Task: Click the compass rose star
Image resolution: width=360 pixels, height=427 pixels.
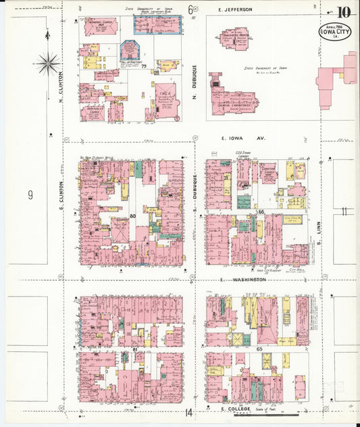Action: (48, 65)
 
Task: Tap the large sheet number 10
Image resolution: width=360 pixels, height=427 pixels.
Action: (344, 12)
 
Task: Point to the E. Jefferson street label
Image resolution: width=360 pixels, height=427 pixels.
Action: (235, 9)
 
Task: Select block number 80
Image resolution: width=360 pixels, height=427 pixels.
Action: (133, 216)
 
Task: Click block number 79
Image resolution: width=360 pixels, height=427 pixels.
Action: (144, 66)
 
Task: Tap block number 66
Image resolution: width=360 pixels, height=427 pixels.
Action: (260, 212)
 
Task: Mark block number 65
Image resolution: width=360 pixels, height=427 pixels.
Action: (259, 347)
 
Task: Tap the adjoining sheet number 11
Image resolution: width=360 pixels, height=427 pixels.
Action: (344, 211)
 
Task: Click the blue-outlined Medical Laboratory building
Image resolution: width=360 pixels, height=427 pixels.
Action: (155, 25)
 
